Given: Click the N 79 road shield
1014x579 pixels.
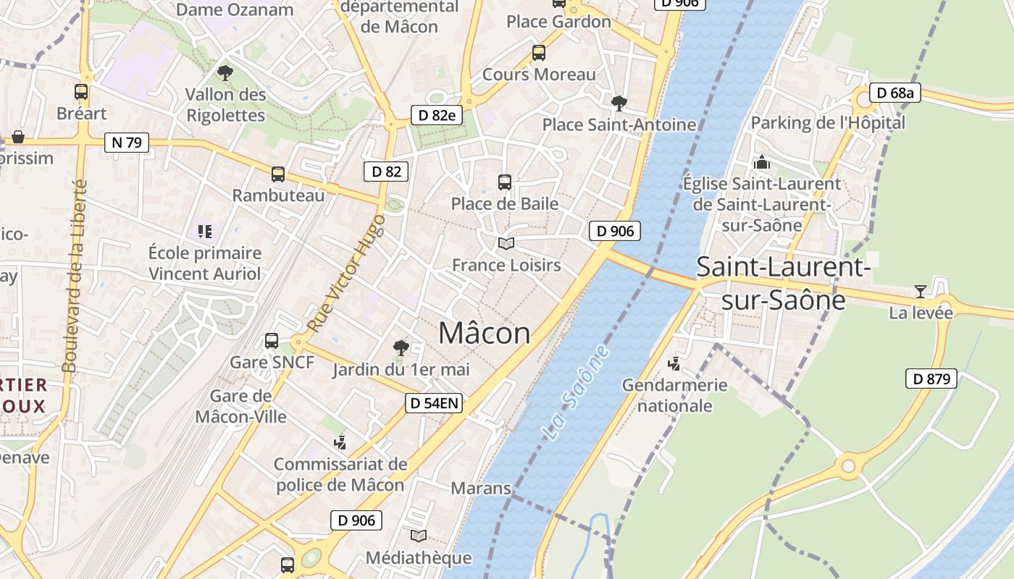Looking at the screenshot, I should pyautogui.click(x=126, y=143).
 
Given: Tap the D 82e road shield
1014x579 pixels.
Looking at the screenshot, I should pyautogui.click(x=437, y=114).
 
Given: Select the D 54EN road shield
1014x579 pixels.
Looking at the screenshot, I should pyautogui.click(x=433, y=403).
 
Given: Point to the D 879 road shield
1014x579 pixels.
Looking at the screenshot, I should pyautogui.click(x=931, y=379).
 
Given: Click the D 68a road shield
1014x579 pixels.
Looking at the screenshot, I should pyautogui.click(x=894, y=93).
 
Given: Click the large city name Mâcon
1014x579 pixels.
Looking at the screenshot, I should pyautogui.click(x=484, y=333).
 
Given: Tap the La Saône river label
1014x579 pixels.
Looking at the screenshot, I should pyautogui.click(x=576, y=393).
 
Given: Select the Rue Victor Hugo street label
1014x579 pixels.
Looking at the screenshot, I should pyautogui.click(x=346, y=274).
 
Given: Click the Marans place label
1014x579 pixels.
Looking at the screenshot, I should pyautogui.click(x=481, y=489).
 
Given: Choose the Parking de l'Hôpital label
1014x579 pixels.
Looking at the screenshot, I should pyautogui.click(x=827, y=122).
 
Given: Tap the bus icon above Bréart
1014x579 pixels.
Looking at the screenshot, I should pyautogui.click(x=81, y=92).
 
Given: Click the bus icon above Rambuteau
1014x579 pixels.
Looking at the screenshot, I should pyautogui.click(x=278, y=174).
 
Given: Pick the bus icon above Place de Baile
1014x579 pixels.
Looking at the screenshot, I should pyautogui.click(x=505, y=182).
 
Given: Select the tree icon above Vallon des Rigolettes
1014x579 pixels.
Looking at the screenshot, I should pyautogui.click(x=225, y=72).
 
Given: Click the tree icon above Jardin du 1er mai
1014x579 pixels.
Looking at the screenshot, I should pyautogui.click(x=401, y=348).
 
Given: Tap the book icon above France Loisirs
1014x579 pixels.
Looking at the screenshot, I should pyautogui.click(x=506, y=244).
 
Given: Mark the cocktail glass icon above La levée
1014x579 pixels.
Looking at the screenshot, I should pyautogui.click(x=920, y=292).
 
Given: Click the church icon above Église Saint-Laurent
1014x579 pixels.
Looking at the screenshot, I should pyautogui.click(x=761, y=162).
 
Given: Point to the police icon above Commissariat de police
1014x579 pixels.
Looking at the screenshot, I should pyautogui.click(x=340, y=442).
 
